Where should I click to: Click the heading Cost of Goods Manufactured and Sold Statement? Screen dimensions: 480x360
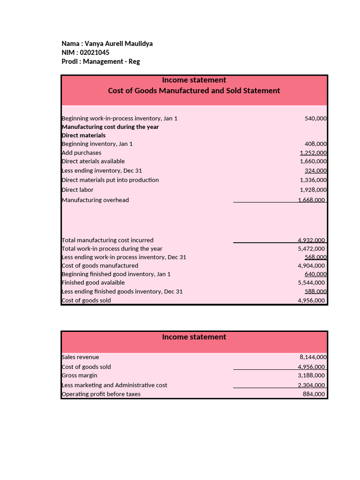tap(194, 90)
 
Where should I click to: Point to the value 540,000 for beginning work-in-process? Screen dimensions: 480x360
tap(315, 119)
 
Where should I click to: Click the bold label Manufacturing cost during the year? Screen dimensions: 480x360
tap(110, 127)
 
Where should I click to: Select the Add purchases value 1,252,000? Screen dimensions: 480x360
tap(313, 153)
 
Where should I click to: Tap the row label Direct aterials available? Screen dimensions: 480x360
tap(93, 161)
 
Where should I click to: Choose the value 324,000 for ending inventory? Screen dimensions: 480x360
tap(315, 171)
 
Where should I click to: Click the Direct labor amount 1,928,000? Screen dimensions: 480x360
tap(313, 190)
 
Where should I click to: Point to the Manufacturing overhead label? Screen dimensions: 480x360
tap(95, 200)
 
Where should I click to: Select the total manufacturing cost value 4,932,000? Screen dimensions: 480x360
tap(311, 240)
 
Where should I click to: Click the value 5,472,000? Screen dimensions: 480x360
tap(311, 249)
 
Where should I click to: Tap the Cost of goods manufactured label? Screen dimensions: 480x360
tap(100, 266)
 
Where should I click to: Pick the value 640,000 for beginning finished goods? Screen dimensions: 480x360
tap(315, 274)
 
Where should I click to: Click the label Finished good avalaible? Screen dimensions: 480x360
tap(93, 283)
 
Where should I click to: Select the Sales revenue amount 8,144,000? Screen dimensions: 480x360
tap(313, 357)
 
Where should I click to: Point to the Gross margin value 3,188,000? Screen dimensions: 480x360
tap(311, 375)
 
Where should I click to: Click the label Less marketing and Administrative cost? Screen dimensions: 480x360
tap(114, 385)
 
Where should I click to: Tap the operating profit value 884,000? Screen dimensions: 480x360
tap(314, 394)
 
